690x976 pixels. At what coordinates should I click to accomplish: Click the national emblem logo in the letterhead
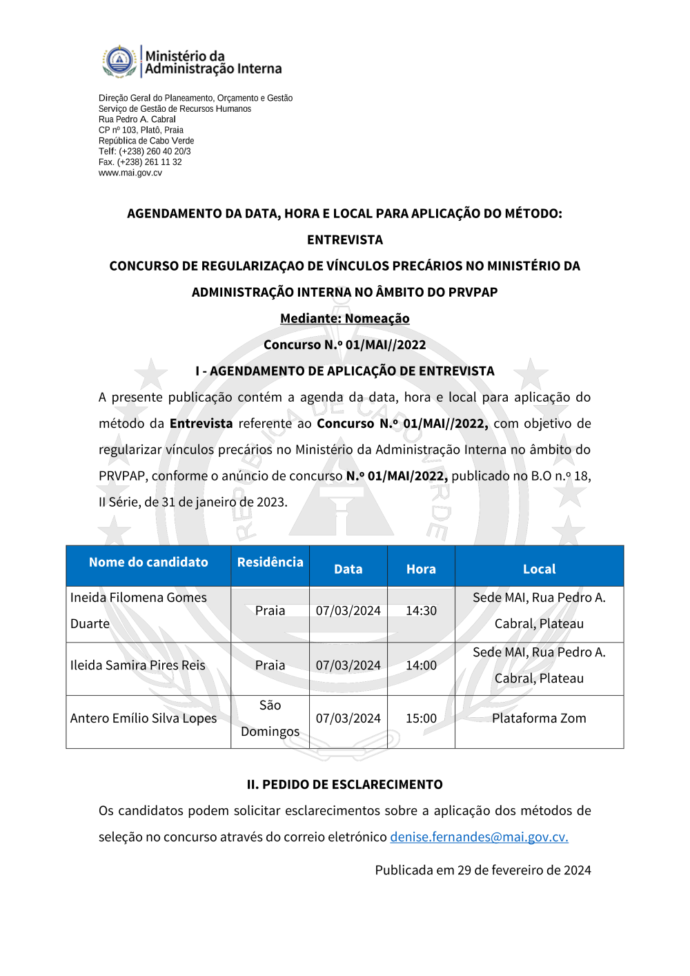click(x=119, y=61)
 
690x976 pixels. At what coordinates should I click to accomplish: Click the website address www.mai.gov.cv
click(x=130, y=173)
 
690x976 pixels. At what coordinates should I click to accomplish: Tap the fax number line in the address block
click(x=140, y=162)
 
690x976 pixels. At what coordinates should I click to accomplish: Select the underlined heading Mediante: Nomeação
click(x=344, y=318)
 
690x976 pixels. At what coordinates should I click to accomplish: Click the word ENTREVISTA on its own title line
click(x=344, y=240)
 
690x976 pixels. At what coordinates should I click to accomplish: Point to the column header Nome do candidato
click(x=148, y=562)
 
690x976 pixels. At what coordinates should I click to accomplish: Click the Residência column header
click(x=270, y=562)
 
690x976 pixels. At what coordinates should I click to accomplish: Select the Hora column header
click(x=421, y=569)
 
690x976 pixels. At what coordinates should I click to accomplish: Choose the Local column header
click(x=539, y=569)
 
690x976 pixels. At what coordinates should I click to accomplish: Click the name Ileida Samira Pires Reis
click(x=138, y=665)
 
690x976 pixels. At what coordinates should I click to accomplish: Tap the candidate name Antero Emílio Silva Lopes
click(x=144, y=718)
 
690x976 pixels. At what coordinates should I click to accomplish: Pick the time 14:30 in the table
click(x=421, y=610)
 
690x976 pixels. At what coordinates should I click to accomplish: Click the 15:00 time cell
click(x=421, y=718)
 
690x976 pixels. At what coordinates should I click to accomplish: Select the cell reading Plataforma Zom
click(x=539, y=718)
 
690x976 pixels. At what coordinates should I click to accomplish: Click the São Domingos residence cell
click(x=270, y=718)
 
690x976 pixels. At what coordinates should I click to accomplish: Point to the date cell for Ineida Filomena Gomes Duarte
click(x=348, y=610)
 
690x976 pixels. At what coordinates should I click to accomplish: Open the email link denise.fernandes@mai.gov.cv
click(x=479, y=837)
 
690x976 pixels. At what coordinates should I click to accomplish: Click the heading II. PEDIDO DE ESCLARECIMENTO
click(x=344, y=784)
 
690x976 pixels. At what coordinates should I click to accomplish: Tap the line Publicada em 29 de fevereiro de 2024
click(x=483, y=870)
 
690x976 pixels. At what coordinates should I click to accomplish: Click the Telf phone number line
click(x=145, y=151)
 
